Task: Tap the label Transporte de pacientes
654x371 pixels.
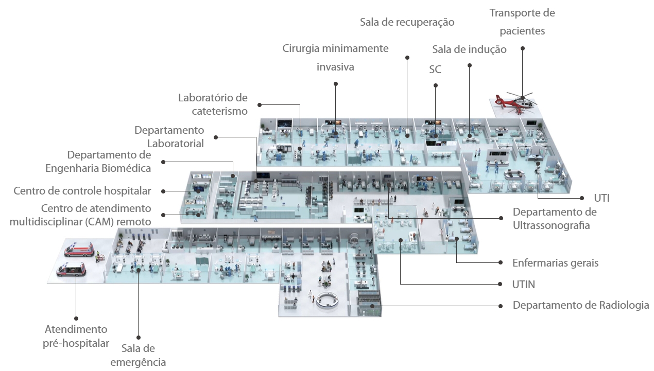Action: pyautogui.click(x=522, y=22)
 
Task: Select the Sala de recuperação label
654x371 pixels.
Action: pyautogui.click(x=407, y=22)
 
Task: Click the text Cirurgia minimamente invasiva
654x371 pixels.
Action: pyautogui.click(x=335, y=58)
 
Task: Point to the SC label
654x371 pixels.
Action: pyautogui.click(x=435, y=69)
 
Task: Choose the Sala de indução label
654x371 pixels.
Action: pyautogui.click(x=469, y=49)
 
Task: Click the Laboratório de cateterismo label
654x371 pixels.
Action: pyautogui.click(x=213, y=104)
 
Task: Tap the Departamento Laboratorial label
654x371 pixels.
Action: pyautogui.click(x=169, y=137)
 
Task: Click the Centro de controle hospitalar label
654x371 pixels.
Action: pyautogui.click(x=82, y=191)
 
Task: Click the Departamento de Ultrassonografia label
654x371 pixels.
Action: pyautogui.click(x=554, y=219)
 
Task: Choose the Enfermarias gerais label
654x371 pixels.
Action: pyautogui.click(x=556, y=263)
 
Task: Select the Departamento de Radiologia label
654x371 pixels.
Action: pyautogui.click(x=581, y=305)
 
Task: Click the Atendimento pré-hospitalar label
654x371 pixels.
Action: pyautogui.click(x=76, y=336)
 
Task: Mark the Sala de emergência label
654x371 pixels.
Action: pyautogui.click(x=139, y=355)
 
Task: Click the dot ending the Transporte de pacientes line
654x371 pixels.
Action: pyautogui.click(x=522, y=48)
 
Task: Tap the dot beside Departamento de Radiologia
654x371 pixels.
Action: pyautogui.click(x=500, y=306)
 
